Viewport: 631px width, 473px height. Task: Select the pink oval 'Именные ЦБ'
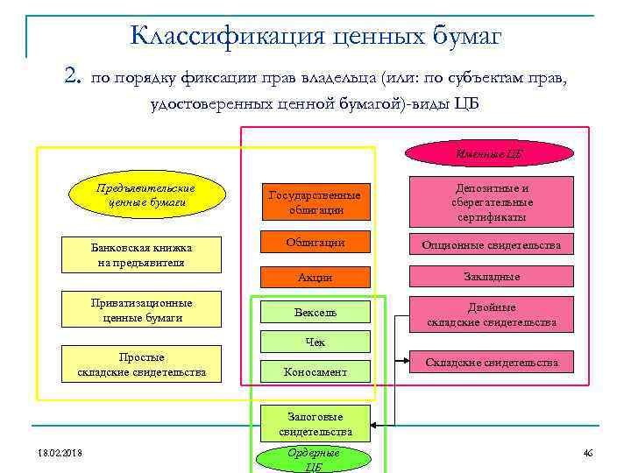pos(489,155)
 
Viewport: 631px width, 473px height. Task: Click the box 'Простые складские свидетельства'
pos(141,364)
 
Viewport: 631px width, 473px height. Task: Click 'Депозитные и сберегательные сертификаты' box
pos(491,202)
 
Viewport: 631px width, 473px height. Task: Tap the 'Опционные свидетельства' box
pos(491,244)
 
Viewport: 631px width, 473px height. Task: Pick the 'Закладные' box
pos(491,277)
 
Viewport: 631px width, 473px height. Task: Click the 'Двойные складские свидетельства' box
pos(491,314)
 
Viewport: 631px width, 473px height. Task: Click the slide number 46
pos(587,452)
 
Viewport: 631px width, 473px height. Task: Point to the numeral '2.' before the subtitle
pos(73,77)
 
